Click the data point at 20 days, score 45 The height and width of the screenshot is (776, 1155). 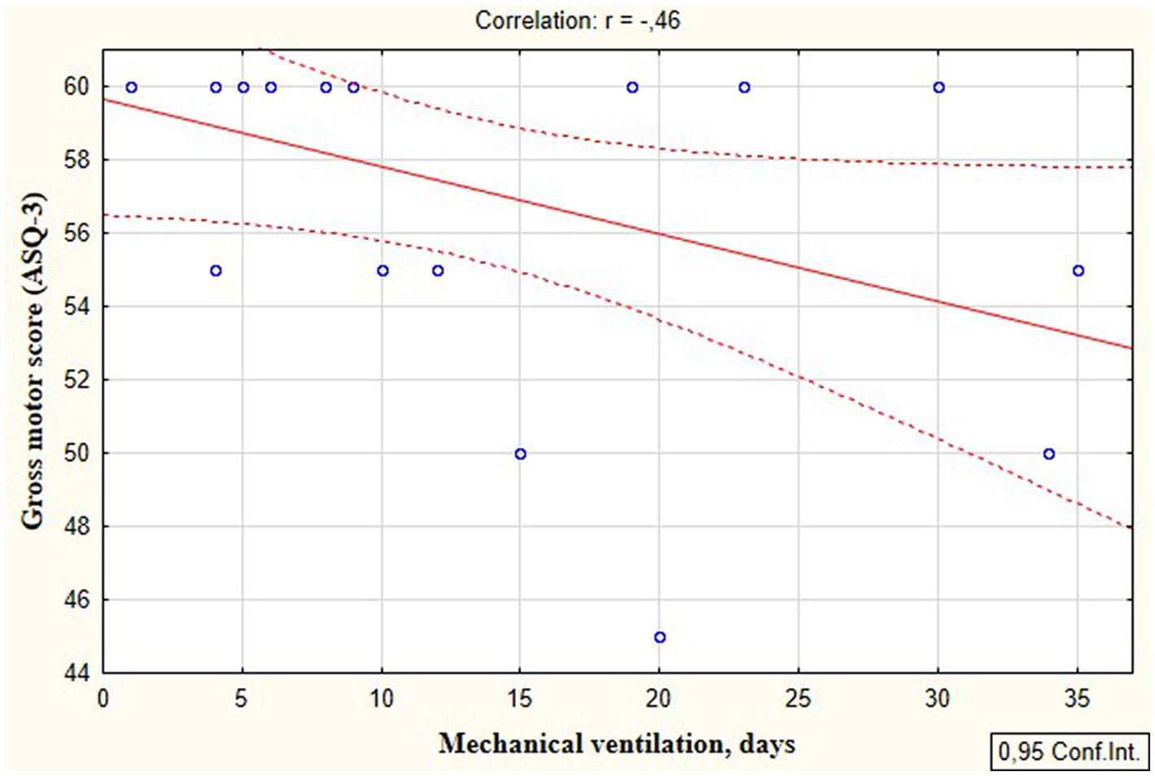tap(660, 637)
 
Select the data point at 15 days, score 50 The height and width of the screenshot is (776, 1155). tap(520, 454)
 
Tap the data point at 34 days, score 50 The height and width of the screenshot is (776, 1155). tap(1049, 454)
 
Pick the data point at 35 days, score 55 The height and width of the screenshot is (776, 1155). tap(1078, 270)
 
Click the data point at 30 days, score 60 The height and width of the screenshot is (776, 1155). tap(938, 87)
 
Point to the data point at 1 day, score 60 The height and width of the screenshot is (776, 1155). tap(131, 87)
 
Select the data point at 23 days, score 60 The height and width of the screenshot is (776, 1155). tap(744, 87)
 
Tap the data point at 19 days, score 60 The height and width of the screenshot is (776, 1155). tap(632, 87)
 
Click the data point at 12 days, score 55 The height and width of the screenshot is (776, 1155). tap(437, 270)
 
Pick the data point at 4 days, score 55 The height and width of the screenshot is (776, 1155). tap(215, 270)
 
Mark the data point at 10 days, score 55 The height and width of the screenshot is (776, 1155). tap(382, 270)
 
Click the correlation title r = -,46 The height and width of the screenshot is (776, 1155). tap(577, 20)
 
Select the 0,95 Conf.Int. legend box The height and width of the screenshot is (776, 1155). tap(1069, 751)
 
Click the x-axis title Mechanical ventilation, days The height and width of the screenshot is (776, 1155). tap(617, 743)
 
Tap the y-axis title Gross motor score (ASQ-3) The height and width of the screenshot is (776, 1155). tap(33, 361)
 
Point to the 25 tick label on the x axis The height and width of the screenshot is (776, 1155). tap(798, 699)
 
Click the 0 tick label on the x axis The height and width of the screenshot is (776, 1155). tap(103, 699)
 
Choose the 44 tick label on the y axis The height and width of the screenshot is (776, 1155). tap(77, 673)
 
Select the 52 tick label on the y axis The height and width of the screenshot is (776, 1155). tap(77, 380)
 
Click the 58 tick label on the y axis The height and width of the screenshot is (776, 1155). tap(77, 160)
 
